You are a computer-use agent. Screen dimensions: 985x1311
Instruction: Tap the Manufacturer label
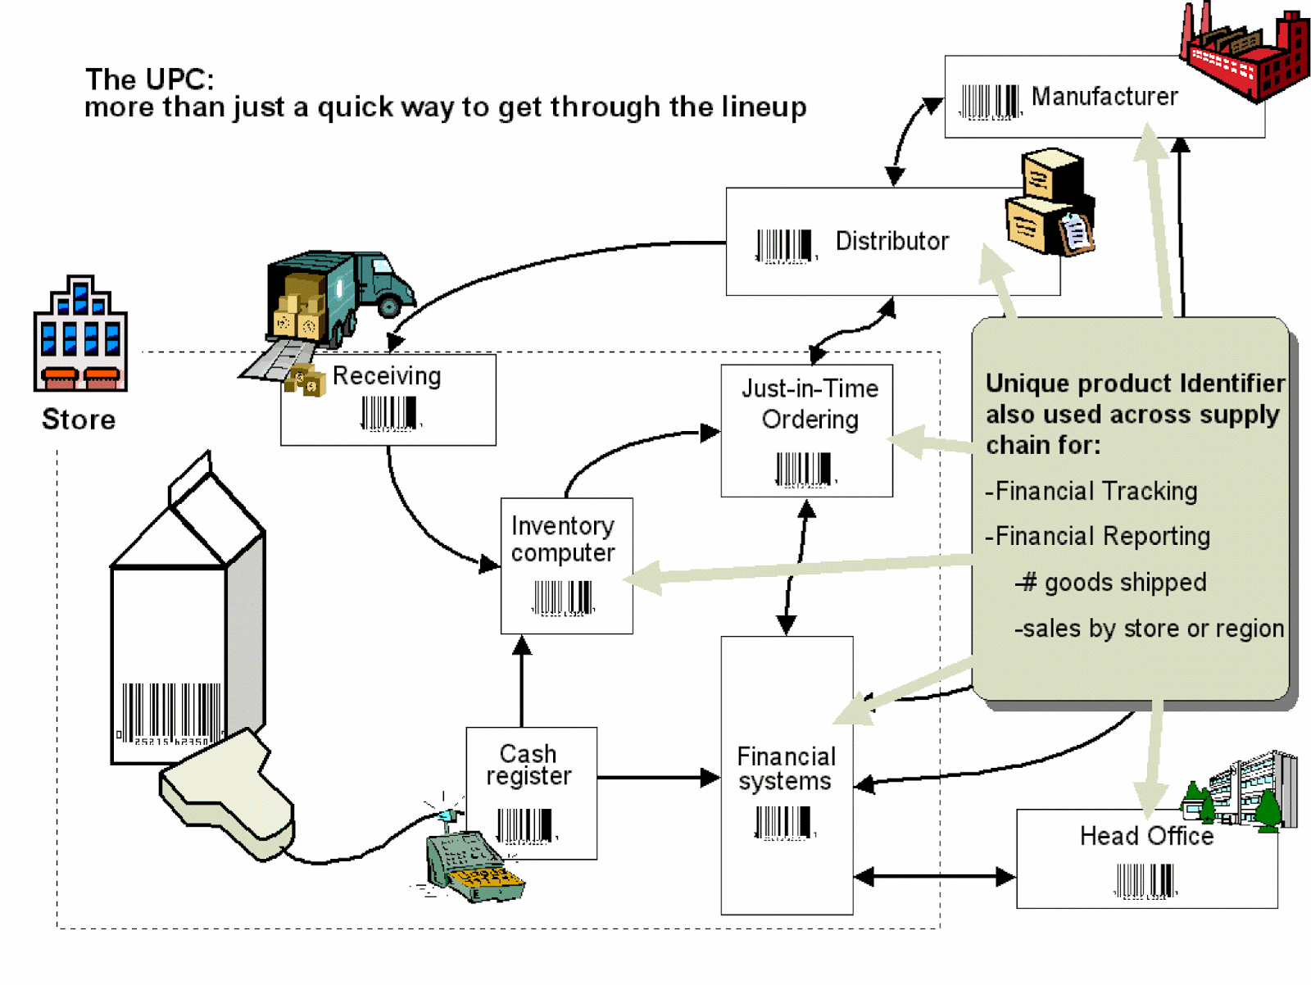point(1104,97)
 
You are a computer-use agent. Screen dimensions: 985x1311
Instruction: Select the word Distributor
point(891,241)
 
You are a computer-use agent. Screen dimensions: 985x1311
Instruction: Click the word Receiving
point(387,376)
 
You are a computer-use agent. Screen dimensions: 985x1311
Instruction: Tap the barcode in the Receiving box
point(389,413)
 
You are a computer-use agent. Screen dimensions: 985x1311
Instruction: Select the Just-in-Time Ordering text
point(810,404)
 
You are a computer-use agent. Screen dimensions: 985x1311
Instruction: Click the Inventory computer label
point(563,539)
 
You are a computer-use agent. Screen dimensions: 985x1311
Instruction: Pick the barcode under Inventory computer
point(563,597)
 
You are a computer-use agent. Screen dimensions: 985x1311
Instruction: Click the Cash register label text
point(528,765)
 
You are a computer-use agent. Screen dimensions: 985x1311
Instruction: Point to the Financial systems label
point(786,769)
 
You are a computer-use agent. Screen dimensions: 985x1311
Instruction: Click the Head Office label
point(1145,836)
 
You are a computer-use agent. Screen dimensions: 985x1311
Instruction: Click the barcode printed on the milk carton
point(170,713)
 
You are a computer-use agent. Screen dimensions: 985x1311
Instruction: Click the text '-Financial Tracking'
point(1091,491)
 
